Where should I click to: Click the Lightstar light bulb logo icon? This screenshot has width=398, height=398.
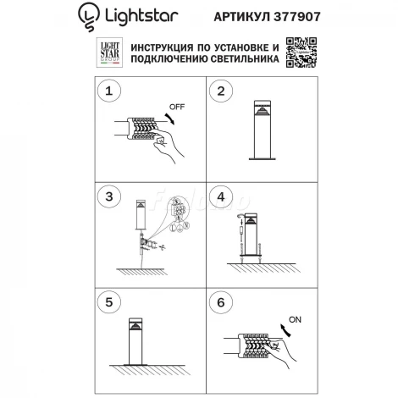(88, 14)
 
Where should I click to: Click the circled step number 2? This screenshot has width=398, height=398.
(220, 91)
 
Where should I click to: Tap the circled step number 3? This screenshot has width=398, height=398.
(107, 197)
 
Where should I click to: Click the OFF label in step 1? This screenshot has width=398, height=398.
(175, 108)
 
